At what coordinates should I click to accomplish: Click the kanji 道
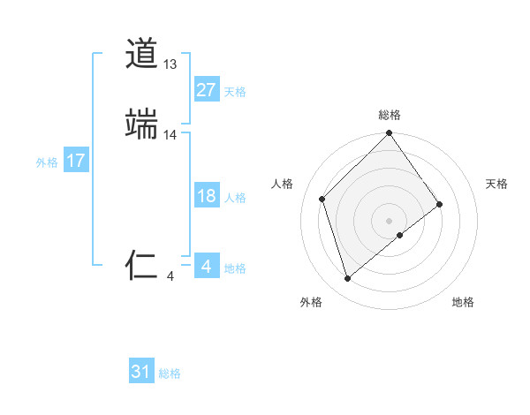[x=141, y=54]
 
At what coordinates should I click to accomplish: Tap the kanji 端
[x=141, y=124]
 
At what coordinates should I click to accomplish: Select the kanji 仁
[x=141, y=266]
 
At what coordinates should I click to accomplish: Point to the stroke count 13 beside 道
[x=170, y=64]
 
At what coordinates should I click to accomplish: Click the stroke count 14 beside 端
[x=170, y=135]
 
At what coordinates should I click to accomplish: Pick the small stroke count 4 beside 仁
[x=170, y=276]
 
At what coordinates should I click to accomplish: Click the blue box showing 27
[x=206, y=89]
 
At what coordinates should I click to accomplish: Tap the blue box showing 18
[x=206, y=196]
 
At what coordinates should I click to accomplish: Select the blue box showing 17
[x=75, y=161]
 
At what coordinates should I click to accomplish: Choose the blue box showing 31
[x=141, y=372]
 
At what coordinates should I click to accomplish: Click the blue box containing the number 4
[x=206, y=266]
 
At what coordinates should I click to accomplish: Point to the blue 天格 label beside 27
[x=235, y=92]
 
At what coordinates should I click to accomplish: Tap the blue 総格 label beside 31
[x=170, y=374]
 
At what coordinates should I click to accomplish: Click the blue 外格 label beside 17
[x=47, y=162]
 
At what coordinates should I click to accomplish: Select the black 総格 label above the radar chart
[x=390, y=115]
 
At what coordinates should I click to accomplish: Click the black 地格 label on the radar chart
[x=463, y=302]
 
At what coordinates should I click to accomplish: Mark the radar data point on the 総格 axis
[x=390, y=134]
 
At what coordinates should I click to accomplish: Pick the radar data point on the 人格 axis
[x=322, y=199]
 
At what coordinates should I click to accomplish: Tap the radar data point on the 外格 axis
[x=348, y=279]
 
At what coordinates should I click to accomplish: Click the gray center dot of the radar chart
[x=390, y=220]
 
